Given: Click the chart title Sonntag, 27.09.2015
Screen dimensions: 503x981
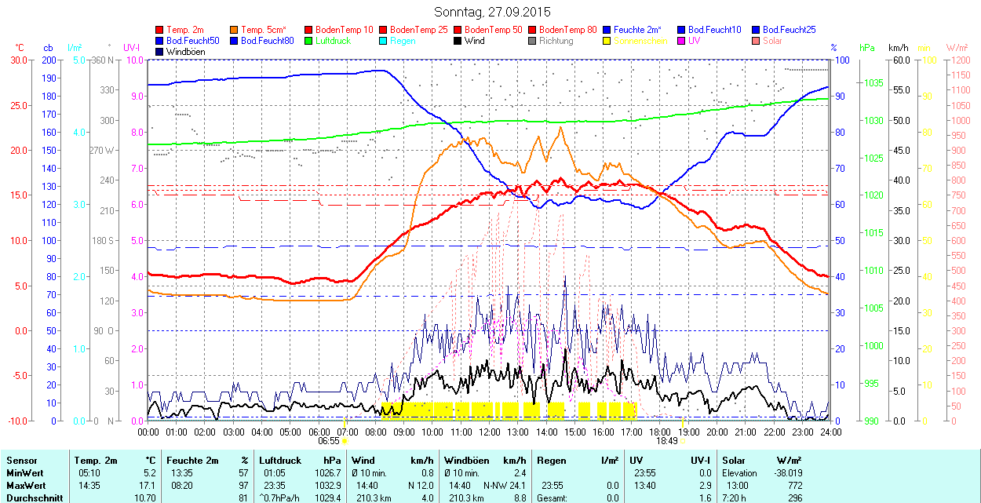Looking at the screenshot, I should pyautogui.click(x=492, y=12).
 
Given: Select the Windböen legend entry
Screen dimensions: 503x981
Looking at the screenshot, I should pyautogui.click(x=184, y=52).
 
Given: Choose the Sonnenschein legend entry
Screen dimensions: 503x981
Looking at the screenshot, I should pyautogui.click(x=640, y=41).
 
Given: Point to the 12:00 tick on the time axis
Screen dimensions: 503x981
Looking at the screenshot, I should pyautogui.click(x=489, y=432).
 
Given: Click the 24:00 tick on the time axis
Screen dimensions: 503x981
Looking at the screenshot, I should pyautogui.click(x=830, y=432).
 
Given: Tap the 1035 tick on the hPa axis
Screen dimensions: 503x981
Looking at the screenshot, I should pyautogui.click(x=872, y=83).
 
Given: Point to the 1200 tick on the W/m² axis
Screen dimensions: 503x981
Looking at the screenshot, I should pyautogui.click(x=960, y=60).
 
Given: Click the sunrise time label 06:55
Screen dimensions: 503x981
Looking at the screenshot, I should pyautogui.click(x=328, y=441).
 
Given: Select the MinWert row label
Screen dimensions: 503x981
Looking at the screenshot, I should pyautogui.click(x=24, y=473).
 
